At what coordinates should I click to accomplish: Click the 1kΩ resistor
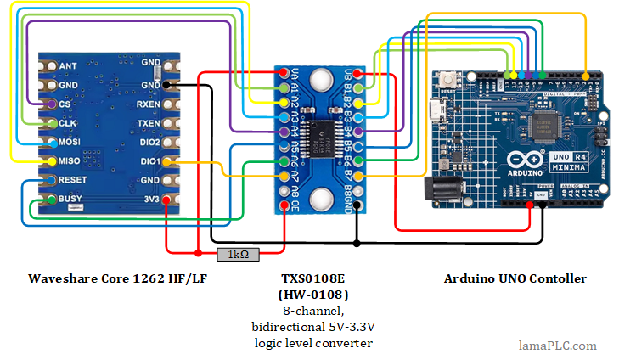(239, 253)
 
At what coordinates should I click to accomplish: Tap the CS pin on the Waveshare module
(53, 104)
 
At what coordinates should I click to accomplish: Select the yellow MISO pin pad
(53, 161)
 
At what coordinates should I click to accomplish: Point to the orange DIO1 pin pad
(166, 161)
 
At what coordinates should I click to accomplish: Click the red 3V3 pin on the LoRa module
(166, 200)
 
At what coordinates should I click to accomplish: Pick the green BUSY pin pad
(53, 200)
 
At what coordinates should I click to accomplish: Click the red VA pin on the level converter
(283, 74)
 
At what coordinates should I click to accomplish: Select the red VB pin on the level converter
(359, 74)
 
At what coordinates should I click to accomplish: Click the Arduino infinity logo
(521, 160)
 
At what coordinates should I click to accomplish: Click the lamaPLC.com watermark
(557, 346)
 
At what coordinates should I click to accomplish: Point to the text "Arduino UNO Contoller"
(515, 278)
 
